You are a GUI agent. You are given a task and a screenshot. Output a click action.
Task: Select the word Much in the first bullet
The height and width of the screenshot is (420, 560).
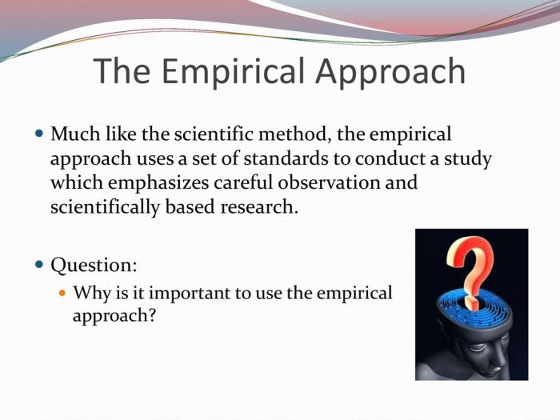[x=73, y=133]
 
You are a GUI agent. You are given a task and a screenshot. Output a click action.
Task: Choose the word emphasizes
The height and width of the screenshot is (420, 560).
[x=161, y=182]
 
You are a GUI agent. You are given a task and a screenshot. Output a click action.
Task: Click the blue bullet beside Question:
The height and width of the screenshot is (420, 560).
[x=41, y=264]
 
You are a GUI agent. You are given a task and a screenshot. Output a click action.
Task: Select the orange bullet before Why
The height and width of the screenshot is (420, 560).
[x=64, y=293]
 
